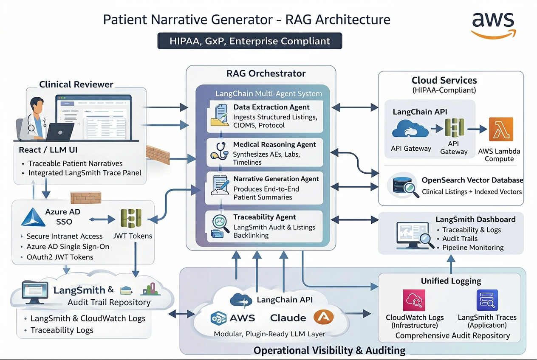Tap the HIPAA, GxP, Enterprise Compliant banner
click(250, 41)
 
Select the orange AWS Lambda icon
click(501, 129)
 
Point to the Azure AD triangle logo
click(33, 217)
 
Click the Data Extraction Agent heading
click(271, 107)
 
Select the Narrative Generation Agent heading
click(276, 179)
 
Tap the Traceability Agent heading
click(265, 217)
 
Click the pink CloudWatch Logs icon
click(414, 301)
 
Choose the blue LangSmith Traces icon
click(487, 301)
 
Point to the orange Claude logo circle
click(323, 317)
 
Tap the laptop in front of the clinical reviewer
click(59, 132)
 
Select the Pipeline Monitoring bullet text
click(473, 247)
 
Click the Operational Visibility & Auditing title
click(329, 350)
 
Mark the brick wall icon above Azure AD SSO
click(85, 198)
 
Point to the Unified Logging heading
click(451, 281)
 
